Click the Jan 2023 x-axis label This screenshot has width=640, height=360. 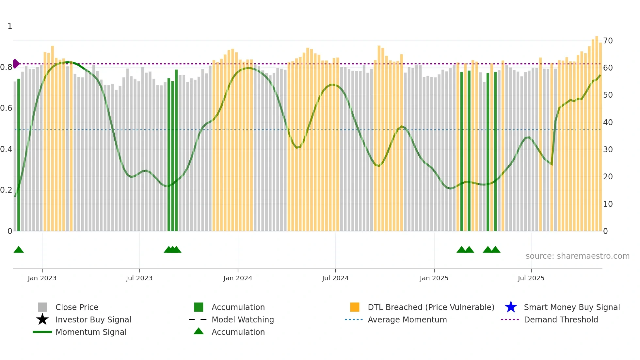pyautogui.click(x=42, y=278)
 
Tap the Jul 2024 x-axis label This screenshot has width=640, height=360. pyautogui.click(x=335, y=278)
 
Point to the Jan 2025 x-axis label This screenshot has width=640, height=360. pyautogui.click(x=434, y=278)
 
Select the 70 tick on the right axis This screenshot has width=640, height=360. pyautogui.click(x=608, y=41)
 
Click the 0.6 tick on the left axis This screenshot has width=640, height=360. pyautogui.click(x=6, y=108)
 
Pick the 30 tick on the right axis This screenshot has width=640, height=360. pyautogui.click(x=608, y=150)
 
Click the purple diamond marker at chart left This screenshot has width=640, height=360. pyautogui.click(x=16, y=64)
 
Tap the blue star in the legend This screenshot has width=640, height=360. pyautogui.click(x=511, y=307)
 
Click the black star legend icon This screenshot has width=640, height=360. pyautogui.click(x=42, y=319)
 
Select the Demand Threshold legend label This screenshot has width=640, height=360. pyautogui.click(x=561, y=319)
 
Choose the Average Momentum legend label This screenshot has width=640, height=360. pyautogui.click(x=407, y=319)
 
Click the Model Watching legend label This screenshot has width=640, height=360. pyautogui.click(x=243, y=319)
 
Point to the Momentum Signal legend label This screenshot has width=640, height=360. pyautogui.click(x=91, y=332)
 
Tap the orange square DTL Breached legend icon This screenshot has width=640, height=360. pyautogui.click(x=355, y=307)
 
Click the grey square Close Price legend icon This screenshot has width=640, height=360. pyautogui.click(x=42, y=307)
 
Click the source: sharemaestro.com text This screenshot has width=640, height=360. pyautogui.click(x=577, y=256)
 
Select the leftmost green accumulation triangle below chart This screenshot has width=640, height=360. pyautogui.click(x=19, y=250)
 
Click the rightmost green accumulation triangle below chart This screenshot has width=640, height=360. pyautogui.click(x=495, y=250)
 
